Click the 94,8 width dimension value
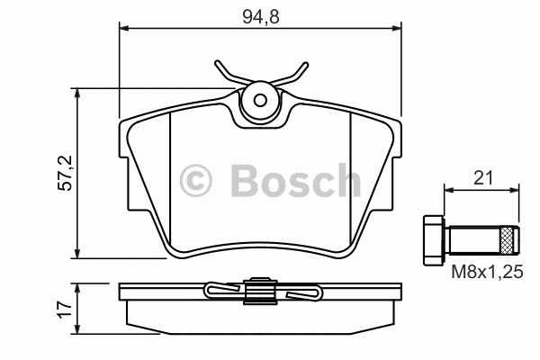click(x=261, y=17)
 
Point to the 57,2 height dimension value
click(x=66, y=174)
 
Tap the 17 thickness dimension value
click(x=66, y=310)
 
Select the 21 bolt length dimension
click(x=483, y=178)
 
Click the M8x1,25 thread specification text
click(x=487, y=272)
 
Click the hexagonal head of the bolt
click(x=434, y=240)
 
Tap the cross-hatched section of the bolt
click(x=505, y=240)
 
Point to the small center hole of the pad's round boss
click(x=260, y=100)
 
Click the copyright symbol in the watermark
click(x=195, y=181)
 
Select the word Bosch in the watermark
click(x=296, y=181)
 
